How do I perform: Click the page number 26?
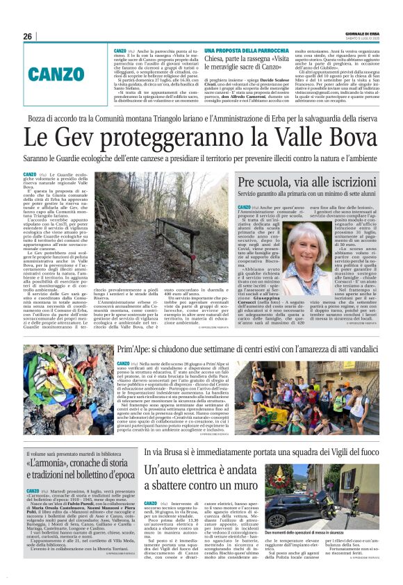point(28,36)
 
